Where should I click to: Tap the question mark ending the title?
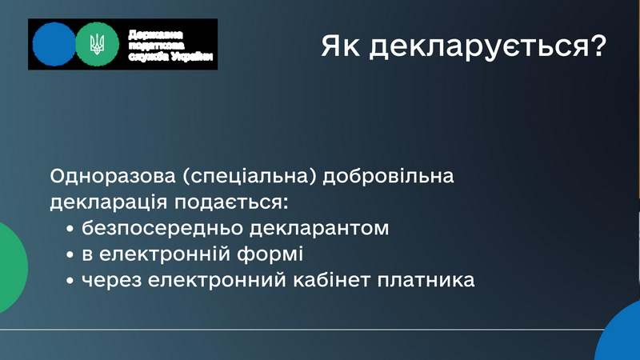point(598,46)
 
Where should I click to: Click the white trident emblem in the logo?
point(97,44)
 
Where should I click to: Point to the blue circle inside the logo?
point(54,44)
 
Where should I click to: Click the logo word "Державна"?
point(155,34)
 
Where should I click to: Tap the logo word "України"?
point(192,57)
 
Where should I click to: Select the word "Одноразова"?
point(113,176)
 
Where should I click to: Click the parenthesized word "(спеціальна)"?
point(250,177)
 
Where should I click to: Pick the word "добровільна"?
point(388,177)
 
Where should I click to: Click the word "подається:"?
point(231,203)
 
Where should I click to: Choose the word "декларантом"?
point(319,229)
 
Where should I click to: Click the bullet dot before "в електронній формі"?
point(70,255)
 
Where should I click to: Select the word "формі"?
point(270,254)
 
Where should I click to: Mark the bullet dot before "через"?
point(70,282)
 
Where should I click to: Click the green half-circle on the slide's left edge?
point(12,268)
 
